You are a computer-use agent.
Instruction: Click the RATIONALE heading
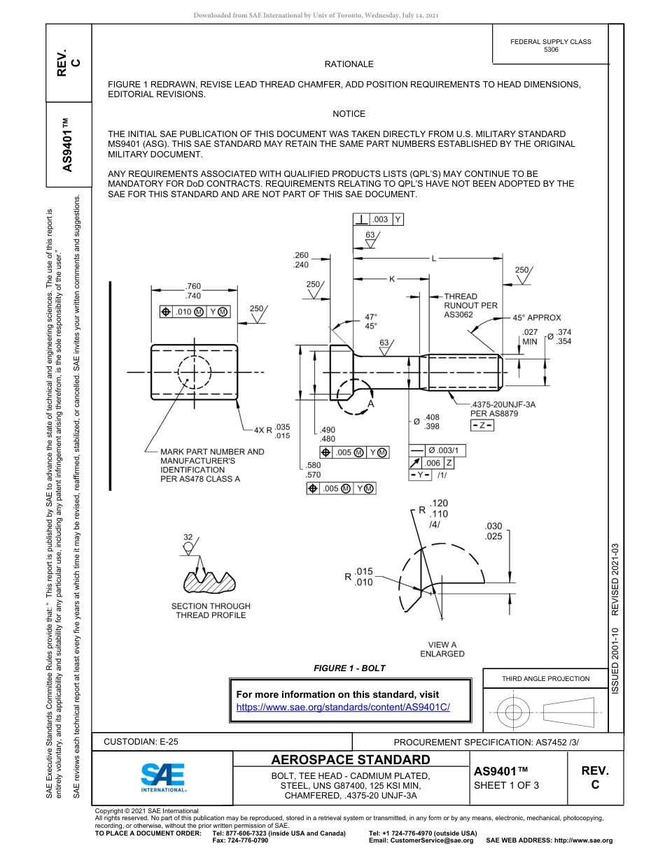click(349, 64)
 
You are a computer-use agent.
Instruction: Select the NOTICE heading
click(349, 114)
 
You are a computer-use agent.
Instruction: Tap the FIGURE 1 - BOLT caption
click(349, 668)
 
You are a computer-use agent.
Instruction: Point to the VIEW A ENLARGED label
click(442, 650)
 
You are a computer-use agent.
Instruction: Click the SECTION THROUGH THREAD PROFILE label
click(211, 610)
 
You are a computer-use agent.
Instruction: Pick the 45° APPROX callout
click(537, 317)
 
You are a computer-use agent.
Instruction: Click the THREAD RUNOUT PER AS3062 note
click(470, 306)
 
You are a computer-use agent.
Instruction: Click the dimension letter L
click(433, 259)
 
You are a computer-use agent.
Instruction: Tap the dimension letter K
click(392, 279)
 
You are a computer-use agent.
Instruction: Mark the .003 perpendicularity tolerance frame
click(379, 220)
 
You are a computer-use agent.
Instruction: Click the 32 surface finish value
click(188, 537)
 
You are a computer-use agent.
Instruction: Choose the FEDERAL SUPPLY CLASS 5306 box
click(551, 45)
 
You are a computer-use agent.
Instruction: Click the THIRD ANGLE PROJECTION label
click(545, 678)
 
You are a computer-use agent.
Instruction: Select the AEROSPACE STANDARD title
click(351, 760)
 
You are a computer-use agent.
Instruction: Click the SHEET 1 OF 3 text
click(506, 784)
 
